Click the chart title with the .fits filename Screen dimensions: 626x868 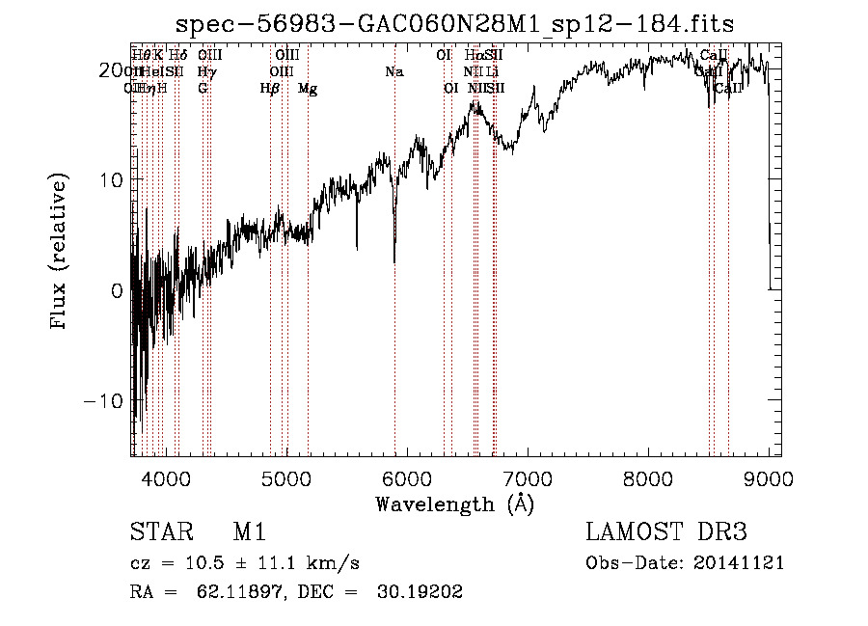(464, 24)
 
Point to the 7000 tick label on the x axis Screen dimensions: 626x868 (528, 479)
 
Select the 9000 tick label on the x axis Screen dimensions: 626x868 (769, 479)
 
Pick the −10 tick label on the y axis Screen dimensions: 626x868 (106, 400)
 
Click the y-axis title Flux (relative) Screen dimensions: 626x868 (60, 253)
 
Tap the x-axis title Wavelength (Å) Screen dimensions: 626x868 (454, 504)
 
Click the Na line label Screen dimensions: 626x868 (393, 71)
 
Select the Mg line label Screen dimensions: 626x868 (308, 89)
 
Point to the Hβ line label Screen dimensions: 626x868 (270, 89)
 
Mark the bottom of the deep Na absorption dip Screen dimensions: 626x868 (394, 260)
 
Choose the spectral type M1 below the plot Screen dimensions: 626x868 (249, 532)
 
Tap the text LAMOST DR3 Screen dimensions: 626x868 (666, 532)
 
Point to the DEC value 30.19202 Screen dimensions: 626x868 (422, 592)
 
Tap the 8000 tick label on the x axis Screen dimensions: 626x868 (648, 479)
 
